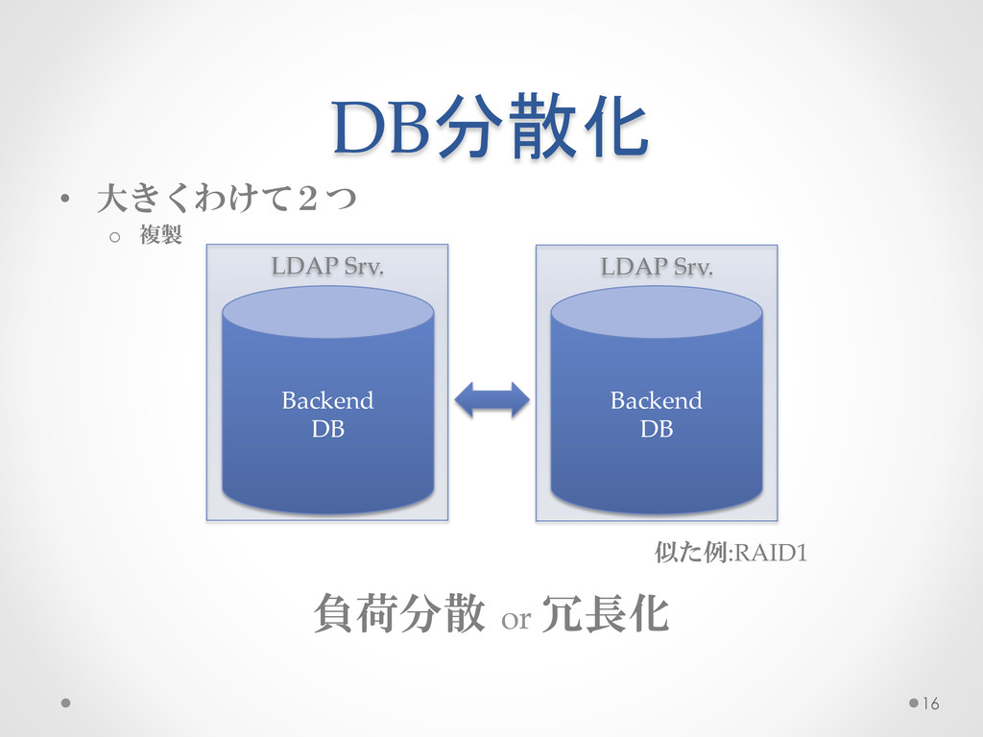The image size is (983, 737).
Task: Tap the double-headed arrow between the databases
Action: (x=491, y=400)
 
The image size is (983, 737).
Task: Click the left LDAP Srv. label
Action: (x=327, y=266)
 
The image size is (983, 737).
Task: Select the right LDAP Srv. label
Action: (x=657, y=266)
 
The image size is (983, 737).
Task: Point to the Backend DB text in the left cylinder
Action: (x=327, y=415)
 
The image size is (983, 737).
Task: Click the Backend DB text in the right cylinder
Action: (x=657, y=415)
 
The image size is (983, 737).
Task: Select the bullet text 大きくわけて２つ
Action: (x=227, y=200)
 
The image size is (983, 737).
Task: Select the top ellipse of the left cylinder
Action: (x=327, y=312)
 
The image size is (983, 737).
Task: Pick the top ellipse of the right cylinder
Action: (x=657, y=312)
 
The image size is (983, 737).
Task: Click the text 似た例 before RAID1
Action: (x=691, y=553)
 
